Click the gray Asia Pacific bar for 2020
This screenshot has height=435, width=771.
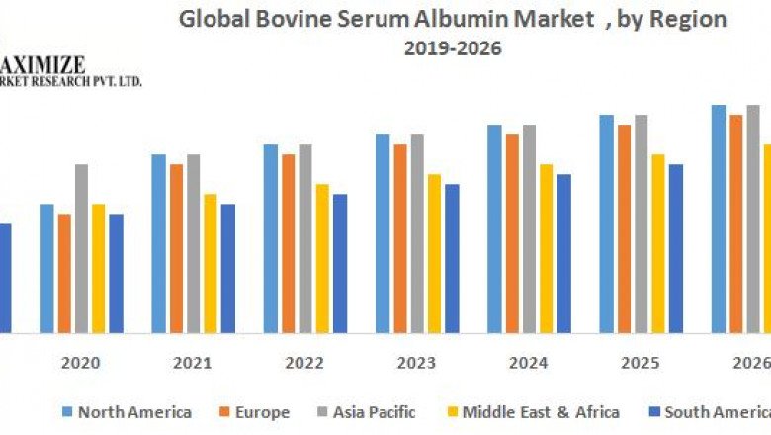pos(81,248)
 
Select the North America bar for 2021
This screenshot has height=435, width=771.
pos(158,243)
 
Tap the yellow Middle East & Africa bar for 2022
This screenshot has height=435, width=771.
pos(322,258)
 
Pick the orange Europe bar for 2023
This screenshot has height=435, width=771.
pos(399,238)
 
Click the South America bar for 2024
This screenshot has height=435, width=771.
pos(563,253)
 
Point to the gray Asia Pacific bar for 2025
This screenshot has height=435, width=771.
pos(642,223)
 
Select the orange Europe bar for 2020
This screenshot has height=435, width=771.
pos(64,273)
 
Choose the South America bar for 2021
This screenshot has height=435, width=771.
pos(228,268)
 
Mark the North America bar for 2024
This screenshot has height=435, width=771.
pos(494,228)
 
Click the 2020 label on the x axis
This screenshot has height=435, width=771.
pos(80,363)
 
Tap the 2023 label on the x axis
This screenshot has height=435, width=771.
pos(416,363)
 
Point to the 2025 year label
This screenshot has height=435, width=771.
pos(641,363)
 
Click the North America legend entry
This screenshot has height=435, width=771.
pos(126,412)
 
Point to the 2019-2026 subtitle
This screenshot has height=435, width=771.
pos(453,48)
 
